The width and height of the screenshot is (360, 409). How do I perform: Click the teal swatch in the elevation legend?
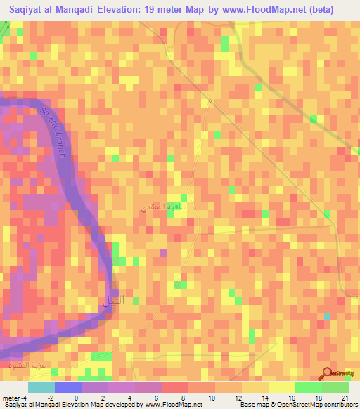click(41, 387)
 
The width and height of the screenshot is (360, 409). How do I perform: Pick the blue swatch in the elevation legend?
click(68, 387)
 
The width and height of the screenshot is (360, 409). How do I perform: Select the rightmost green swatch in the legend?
click(335, 387)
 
